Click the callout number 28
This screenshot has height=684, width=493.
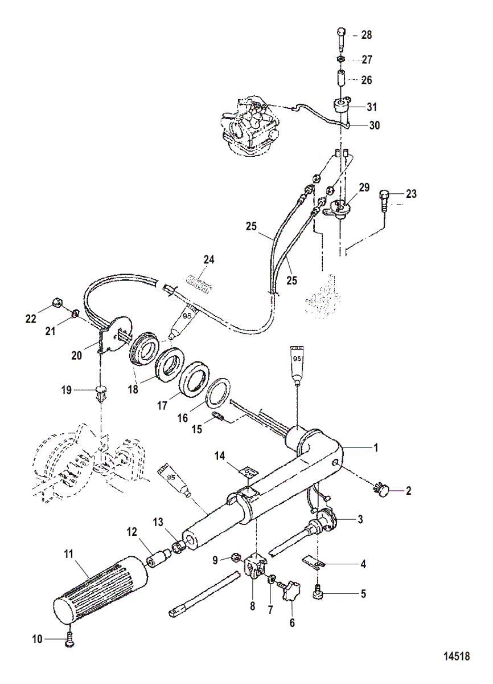[366, 35]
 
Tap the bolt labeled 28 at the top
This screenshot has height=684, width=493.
[341, 40]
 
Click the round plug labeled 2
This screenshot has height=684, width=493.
[383, 491]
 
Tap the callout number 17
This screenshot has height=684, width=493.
[162, 405]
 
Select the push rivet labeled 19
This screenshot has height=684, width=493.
[100, 394]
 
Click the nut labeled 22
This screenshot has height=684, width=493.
[57, 303]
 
